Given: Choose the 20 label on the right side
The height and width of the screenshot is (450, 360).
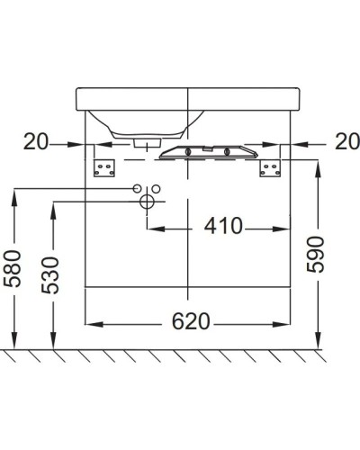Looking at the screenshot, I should tap(346, 142).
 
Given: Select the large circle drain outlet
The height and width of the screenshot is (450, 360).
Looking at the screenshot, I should tap(145, 203).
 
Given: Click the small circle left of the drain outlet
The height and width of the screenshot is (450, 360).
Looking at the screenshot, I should tap(136, 189).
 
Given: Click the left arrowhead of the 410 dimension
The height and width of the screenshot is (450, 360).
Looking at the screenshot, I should tap(149, 226).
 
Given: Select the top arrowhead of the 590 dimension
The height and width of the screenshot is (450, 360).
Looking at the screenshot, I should tap(317, 165).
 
